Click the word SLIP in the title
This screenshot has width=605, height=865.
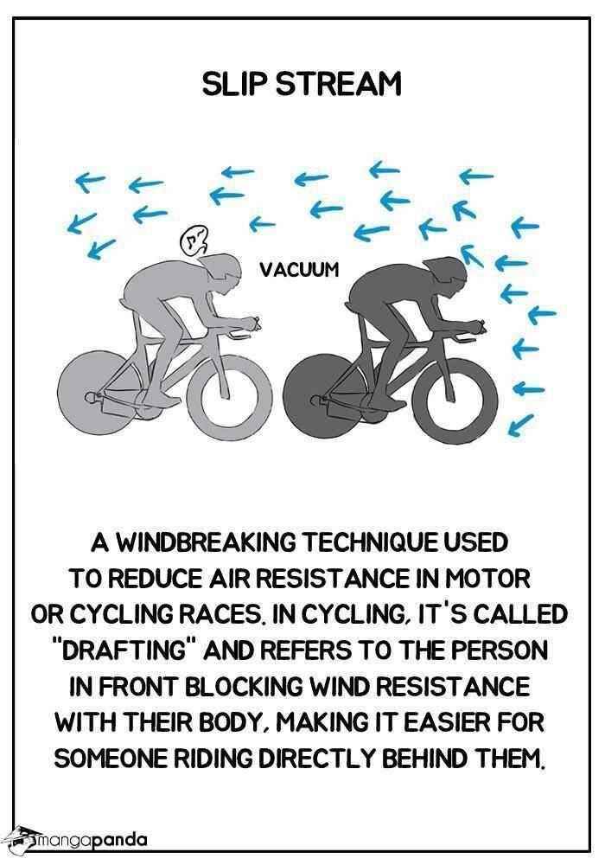233,86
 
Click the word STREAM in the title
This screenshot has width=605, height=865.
337,86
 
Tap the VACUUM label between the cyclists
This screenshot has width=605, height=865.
299,269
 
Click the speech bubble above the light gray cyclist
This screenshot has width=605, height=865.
194,241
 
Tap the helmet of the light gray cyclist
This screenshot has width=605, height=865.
222,267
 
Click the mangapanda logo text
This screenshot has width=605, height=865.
92,842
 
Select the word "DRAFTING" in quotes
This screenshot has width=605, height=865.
129,650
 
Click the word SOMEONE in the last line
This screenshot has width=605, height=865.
111,759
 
